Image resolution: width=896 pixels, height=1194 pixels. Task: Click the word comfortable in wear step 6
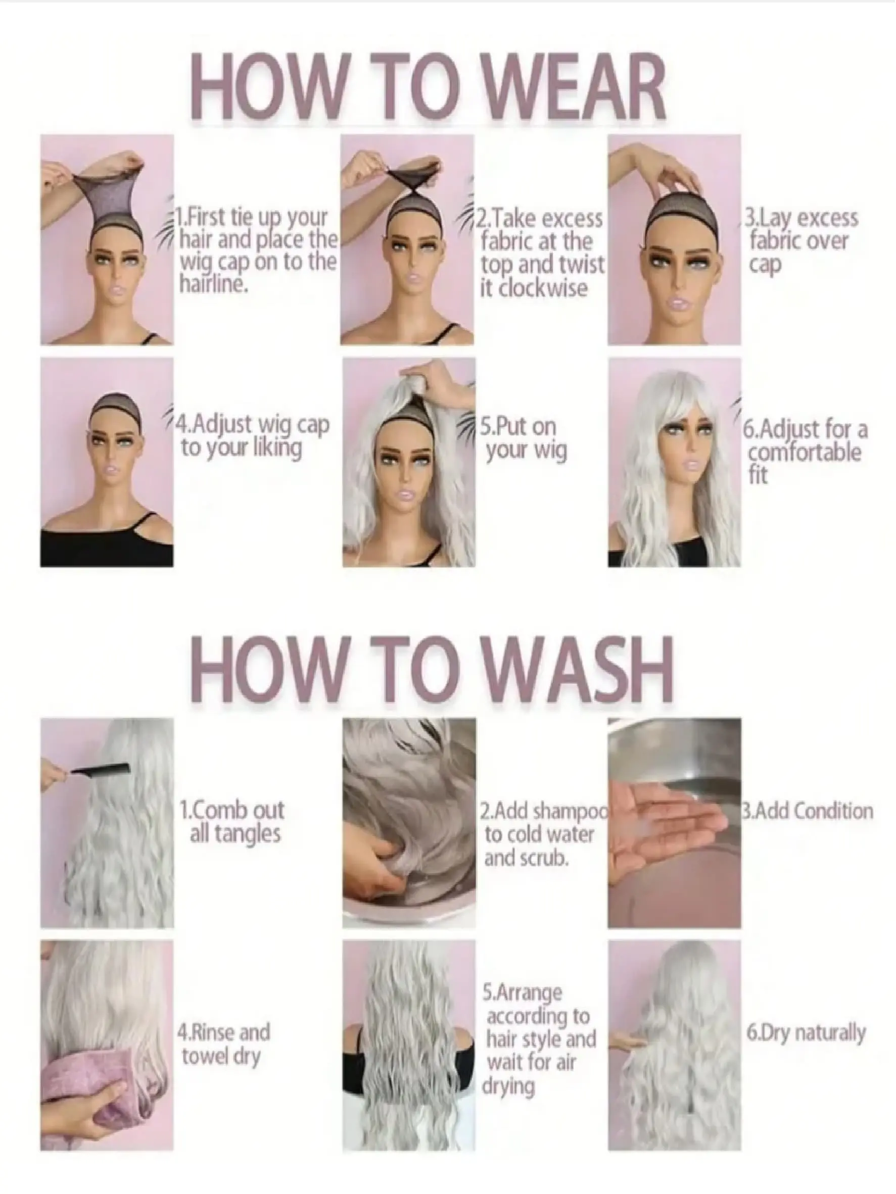(x=804, y=453)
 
